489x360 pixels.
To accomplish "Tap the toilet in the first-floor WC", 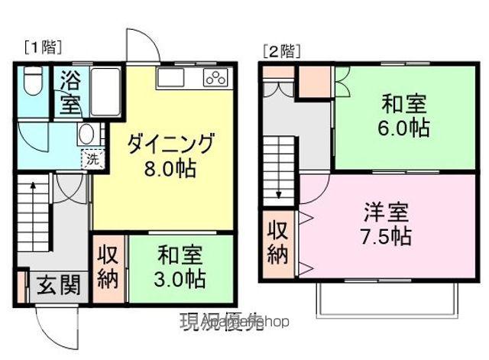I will pyautogui.click(x=31, y=81).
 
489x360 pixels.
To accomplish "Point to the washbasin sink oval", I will pyautogui.click(x=86, y=134).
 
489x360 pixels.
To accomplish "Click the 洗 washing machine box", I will pyautogui.click(x=91, y=160).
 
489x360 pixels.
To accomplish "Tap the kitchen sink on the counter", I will pyautogui.click(x=170, y=76).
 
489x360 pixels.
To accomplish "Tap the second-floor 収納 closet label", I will pyautogui.click(x=277, y=242).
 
